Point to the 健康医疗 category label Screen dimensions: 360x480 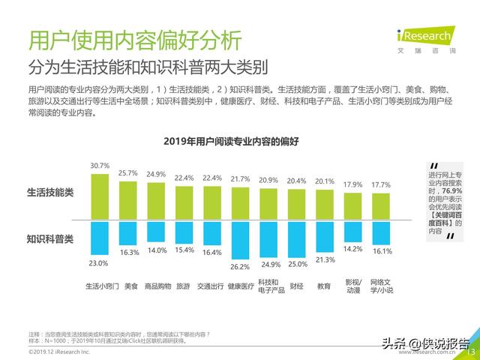click(x=240, y=286)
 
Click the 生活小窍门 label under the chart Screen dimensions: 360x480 click(x=100, y=286)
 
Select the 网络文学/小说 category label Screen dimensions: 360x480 click(x=382, y=286)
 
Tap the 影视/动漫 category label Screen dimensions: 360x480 click(x=352, y=286)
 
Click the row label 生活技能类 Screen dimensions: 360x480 click(x=50, y=192)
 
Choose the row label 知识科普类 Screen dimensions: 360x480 click(x=50, y=239)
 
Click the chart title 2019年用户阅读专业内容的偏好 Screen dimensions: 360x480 click(x=240, y=141)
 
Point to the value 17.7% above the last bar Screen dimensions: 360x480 click(x=381, y=184)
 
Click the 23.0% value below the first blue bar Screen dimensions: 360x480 click(x=99, y=263)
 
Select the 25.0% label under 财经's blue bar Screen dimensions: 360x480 click(x=297, y=265)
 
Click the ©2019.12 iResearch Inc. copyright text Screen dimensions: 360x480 click(x=59, y=351)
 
